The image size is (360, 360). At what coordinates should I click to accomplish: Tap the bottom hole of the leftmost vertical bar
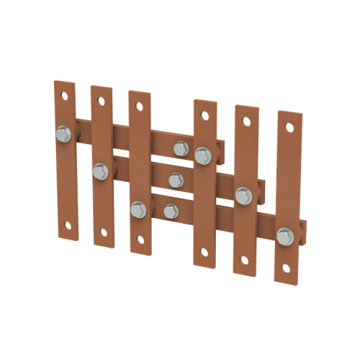click(x=68, y=223)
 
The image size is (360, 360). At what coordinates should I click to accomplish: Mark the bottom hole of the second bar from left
click(x=105, y=232)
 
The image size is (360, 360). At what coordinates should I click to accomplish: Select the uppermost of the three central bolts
click(x=180, y=148)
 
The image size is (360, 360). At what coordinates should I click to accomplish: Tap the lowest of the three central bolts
click(x=170, y=210)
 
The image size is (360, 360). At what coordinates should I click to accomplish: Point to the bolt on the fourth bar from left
click(x=202, y=154)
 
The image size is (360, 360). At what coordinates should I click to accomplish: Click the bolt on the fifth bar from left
click(x=243, y=194)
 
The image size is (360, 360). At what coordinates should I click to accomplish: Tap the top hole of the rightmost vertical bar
click(x=289, y=127)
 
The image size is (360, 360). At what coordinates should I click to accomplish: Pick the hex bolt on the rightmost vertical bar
click(x=285, y=235)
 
